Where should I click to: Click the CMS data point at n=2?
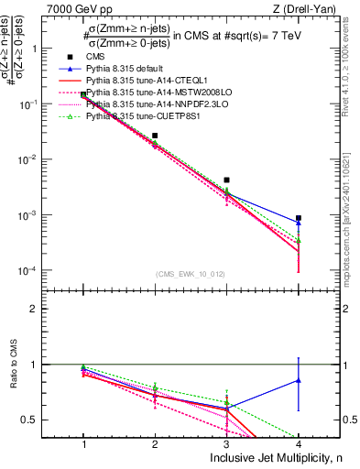155,136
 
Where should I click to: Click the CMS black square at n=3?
226,180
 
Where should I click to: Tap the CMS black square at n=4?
299,218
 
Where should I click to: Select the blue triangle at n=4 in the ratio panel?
299,379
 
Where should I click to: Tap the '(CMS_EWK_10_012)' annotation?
190,274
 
